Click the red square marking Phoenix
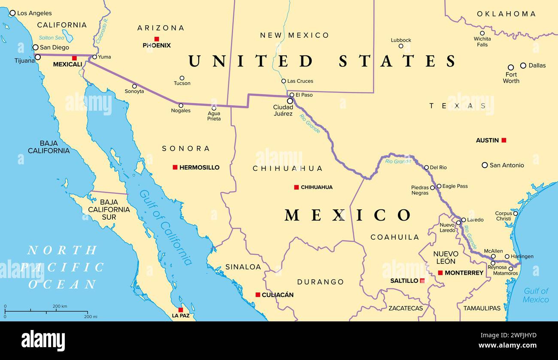[x=157, y=39]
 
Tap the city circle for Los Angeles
[x=12, y=13]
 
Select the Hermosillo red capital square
[x=175, y=167]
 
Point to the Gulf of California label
[x=166, y=227]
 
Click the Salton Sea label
[x=51, y=38]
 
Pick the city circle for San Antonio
[x=485, y=165]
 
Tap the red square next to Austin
[x=504, y=140]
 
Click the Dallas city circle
[x=523, y=65]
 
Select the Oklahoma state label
[x=506, y=14]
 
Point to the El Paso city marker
[x=292, y=95]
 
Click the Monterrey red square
[x=440, y=273]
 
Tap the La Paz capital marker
[x=181, y=310]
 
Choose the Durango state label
[x=320, y=282]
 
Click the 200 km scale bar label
[x=60, y=306]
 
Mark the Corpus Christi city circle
[x=515, y=213]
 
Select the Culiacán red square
[x=258, y=295]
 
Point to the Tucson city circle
[x=182, y=78]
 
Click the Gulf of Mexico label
[x=536, y=295]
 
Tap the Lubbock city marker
[x=401, y=46]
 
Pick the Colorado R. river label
[x=103, y=30]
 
